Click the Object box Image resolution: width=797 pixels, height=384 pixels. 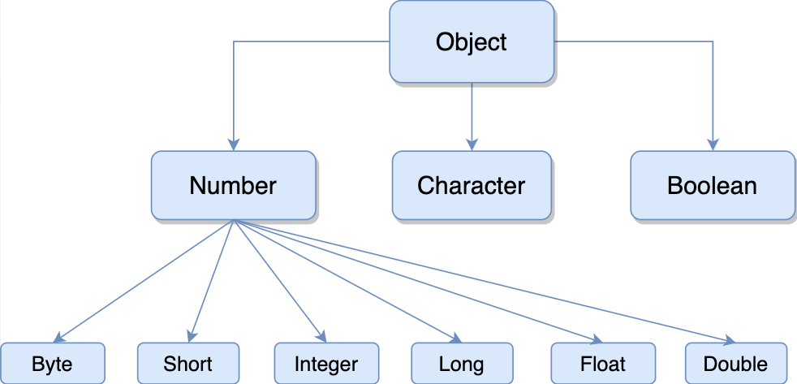pyautogui.click(x=472, y=41)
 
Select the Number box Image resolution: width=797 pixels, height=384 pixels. pyautogui.click(x=233, y=186)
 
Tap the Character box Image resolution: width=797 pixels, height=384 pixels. pyautogui.click(x=472, y=186)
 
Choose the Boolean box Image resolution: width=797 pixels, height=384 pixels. pyautogui.click(x=712, y=186)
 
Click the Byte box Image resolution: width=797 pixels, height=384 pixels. pyautogui.click(x=53, y=364)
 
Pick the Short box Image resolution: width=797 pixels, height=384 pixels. pyautogui.click(x=188, y=364)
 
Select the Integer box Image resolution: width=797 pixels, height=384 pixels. pyautogui.click(x=326, y=364)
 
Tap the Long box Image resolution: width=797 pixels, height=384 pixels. pyautogui.click(x=462, y=364)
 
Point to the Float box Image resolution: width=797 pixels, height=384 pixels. pyautogui.click(x=603, y=364)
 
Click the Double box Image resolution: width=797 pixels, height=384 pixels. pyautogui.click(x=735, y=364)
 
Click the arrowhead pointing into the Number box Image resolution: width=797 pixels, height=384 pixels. pyautogui.click(x=233, y=145)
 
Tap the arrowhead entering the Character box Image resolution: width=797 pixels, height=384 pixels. pyautogui.click(x=472, y=145)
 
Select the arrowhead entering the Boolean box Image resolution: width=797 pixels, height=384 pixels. pyautogui.click(x=713, y=145)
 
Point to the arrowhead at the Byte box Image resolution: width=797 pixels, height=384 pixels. pyautogui.click(x=58, y=337)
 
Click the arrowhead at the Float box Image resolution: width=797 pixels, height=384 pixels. pyautogui.click(x=597, y=339)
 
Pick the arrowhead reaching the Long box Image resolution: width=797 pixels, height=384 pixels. pyautogui.click(x=456, y=339)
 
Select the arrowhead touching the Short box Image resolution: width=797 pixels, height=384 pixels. pyautogui.click(x=190, y=336)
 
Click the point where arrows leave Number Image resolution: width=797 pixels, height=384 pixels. pyautogui.click(x=233, y=221)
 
